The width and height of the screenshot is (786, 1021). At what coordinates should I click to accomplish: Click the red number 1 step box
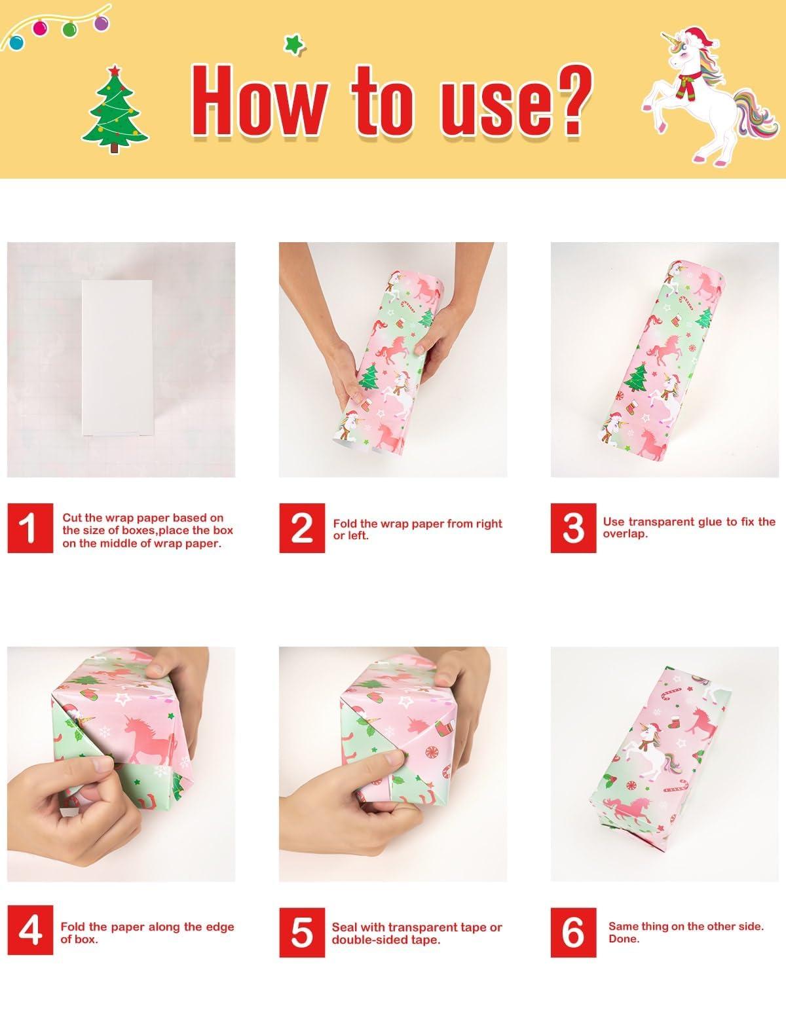point(30,528)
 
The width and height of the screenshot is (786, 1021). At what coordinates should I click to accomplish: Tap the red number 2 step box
point(302,528)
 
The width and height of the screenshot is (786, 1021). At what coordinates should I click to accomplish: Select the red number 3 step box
point(574,528)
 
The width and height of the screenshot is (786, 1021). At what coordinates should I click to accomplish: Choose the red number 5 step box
point(302,932)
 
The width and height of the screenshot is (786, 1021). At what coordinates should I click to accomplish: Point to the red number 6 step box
point(574,932)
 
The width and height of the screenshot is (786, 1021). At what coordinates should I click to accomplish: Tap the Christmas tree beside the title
point(114,109)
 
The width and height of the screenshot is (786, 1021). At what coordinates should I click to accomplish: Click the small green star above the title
point(294,44)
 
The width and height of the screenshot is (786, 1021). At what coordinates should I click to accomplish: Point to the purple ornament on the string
point(101,22)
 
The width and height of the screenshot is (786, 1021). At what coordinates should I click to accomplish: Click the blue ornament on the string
point(16,42)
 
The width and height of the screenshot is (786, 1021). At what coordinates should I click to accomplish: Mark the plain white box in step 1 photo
point(117,357)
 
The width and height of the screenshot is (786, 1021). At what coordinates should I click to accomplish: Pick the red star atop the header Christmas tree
point(113,70)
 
